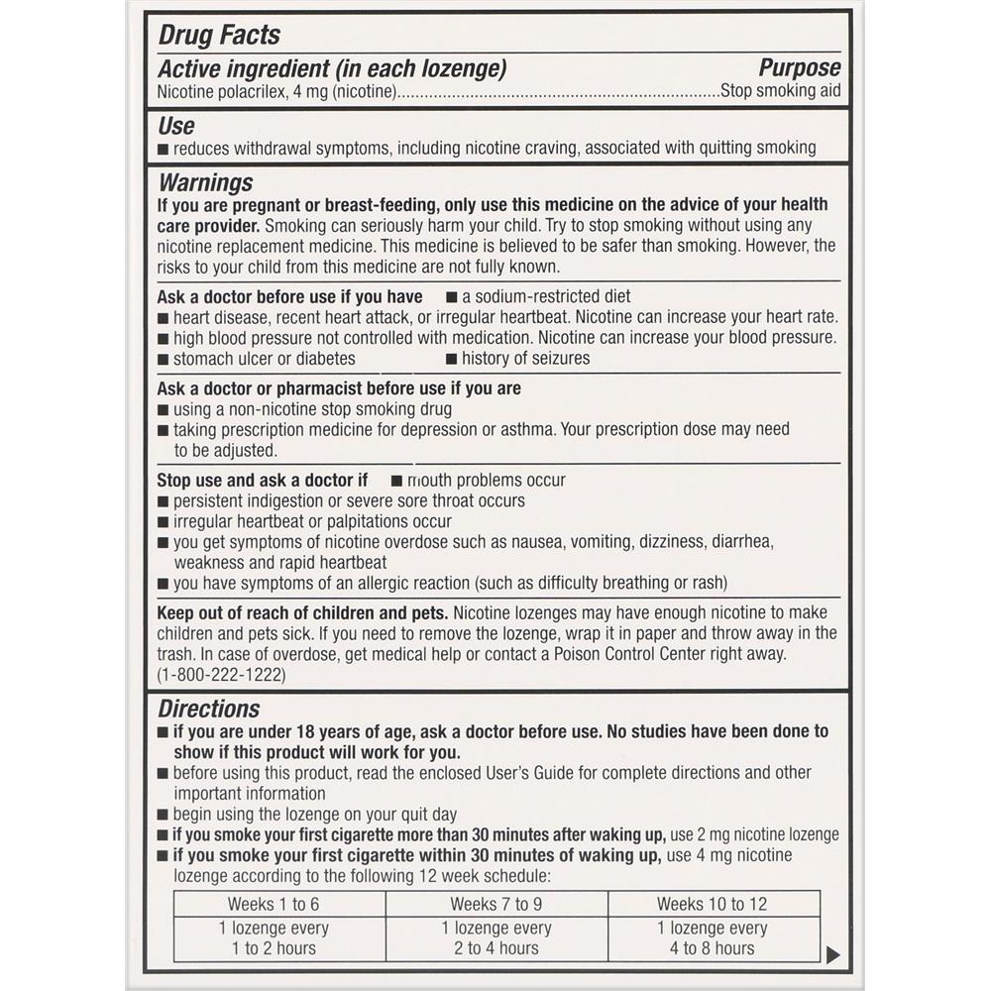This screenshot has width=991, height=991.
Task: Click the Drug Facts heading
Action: click(x=219, y=36)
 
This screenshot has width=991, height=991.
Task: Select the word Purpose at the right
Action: click(x=799, y=68)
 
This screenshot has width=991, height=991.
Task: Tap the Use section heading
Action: click(x=176, y=126)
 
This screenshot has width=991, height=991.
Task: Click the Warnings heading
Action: click(x=205, y=183)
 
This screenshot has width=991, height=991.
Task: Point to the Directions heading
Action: click(x=209, y=709)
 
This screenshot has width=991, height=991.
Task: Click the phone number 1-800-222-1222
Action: click(x=221, y=675)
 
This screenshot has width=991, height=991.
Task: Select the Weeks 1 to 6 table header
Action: click(x=274, y=904)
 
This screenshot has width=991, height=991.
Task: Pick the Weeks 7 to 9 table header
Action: click(x=495, y=904)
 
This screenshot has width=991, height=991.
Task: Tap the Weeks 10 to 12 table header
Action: click(x=712, y=904)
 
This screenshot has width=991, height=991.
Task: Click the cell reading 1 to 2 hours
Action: click(x=274, y=948)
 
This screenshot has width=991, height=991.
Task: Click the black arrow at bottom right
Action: click(x=832, y=953)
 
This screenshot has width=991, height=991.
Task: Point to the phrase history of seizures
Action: click(x=525, y=359)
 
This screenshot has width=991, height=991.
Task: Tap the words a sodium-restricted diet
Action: click(x=545, y=296)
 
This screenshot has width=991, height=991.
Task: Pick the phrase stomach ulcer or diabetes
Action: click(x=264, y=359)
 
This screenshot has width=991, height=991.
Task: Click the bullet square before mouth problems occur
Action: click(x=396, y=481)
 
